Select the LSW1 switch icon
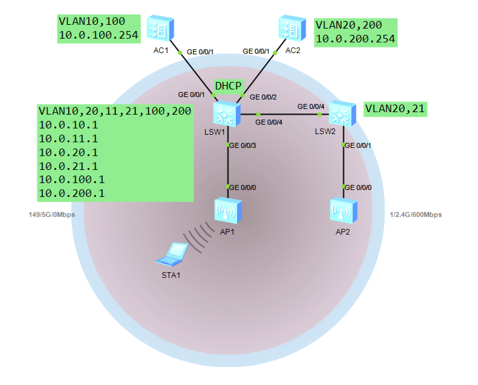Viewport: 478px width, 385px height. tap(227, 114)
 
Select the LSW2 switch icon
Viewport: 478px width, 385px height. tap(342, 113)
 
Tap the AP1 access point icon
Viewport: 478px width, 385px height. tap(228, 210)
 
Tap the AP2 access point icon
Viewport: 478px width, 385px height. tap(344, 210)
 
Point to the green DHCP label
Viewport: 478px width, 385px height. tap(228, 86)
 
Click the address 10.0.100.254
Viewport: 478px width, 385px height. tap(98, 35)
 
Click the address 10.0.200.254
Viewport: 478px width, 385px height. tap(355, 39)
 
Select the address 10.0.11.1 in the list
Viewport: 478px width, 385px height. tap(68, 139)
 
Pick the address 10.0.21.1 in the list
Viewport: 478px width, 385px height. tap(68, 166)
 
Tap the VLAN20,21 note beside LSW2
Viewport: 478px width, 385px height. tap(395, 109)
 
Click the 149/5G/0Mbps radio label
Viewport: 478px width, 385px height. tap(52, 215)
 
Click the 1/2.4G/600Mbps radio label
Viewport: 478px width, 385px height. tap(416, 215)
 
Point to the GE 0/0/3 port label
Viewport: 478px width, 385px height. tap(243, 146)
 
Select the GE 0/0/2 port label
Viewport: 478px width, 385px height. tap(263, 97)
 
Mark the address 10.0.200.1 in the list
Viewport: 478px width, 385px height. tap(72, 193)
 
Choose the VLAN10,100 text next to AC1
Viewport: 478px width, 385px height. tap(92, 21)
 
